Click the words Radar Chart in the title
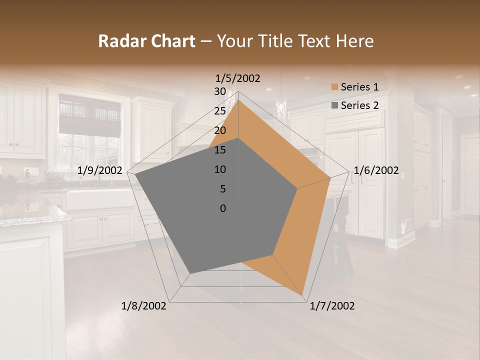click(x=146, y=41)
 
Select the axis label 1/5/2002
click(x=238, y=78)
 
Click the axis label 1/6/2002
click(x=376, y=170)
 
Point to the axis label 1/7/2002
click(x=332, y=306)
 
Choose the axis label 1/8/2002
click(x=144, y=306)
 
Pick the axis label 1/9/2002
click(x=100, y=170)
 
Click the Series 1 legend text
click(x=359, y=87)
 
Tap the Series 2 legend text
click(x=359, y=105)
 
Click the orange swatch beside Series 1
click(x=334, y=87)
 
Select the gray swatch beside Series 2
click(x=334, y=105)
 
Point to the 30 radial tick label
click(x=220, y=91)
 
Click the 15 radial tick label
click(x=220, y=150)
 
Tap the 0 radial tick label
click(x=223, y=208)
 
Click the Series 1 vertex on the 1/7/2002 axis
click(x=303, y=296)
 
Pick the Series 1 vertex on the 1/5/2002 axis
click(x=238, y=99)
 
